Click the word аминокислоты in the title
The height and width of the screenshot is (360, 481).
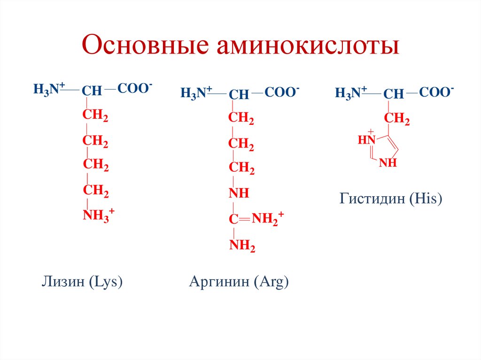point(307,47)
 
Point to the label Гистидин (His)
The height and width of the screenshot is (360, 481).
point(391,199)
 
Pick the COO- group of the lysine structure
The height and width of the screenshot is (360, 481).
point(134,88)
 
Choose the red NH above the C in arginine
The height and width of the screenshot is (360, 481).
point(239,193)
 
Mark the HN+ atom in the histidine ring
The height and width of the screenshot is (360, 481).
point(367,139)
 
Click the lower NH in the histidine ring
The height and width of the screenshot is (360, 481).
point(388,163)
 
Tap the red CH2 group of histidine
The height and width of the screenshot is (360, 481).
point(397,120)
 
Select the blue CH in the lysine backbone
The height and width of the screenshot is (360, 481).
point(92,91)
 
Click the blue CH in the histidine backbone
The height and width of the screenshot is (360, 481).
point(394,94)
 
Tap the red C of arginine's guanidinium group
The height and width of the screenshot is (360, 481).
point(233,219)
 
